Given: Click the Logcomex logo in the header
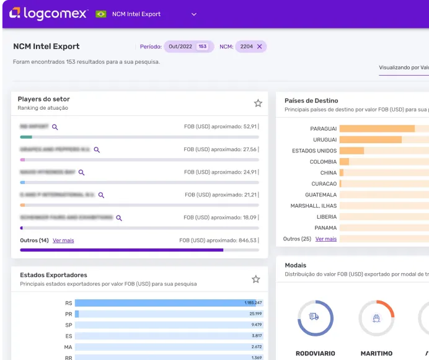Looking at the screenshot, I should tap(48, 13).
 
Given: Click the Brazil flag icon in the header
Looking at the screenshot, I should tap(101, 14).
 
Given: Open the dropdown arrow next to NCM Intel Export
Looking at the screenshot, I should tap(194, 14).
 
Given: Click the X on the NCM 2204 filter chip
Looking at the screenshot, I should tap(260, 46).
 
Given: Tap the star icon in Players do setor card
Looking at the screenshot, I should tap(258, 103).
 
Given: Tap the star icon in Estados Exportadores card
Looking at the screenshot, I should tap(255, 279).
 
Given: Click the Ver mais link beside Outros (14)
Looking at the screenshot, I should tap(63, 240).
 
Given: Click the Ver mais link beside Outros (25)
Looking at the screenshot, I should tap(326, 239).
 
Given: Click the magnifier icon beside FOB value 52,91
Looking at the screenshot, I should tap(55, 127).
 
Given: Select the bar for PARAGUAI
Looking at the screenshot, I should tap(377, 129).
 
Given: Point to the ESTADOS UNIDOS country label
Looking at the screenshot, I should tap(314, 151).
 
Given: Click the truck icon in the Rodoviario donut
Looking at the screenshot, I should tap(314, 317).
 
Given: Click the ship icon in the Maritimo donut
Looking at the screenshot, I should tap(376, 317).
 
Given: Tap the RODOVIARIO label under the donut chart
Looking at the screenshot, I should tap(314, 353).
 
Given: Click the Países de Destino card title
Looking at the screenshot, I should tap(311, 100).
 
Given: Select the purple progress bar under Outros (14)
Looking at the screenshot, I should tap(122, 250).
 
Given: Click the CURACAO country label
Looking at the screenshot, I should tap(324, 184).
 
